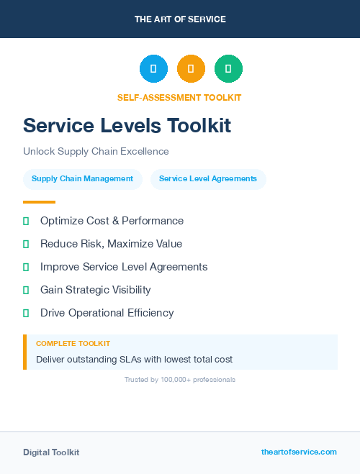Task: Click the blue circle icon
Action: click(x=153, y=69)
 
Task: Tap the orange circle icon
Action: click(x=191, y=69)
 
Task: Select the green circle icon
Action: click(x=228, y=69)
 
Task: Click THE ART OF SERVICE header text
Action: click(x=180, y=19)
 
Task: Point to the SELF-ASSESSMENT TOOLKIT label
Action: click(x=179, y=98)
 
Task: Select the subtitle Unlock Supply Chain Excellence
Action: click(x=96, y=152)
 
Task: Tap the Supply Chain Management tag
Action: click(x=82, y=179)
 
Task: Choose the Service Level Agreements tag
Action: click(x=208, y=179)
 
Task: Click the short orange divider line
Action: click(x=39, y=202)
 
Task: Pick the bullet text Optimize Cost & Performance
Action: click(x=112, y=221)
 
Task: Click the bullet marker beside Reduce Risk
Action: click(x=26, y=245)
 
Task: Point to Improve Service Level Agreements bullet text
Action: click(x=124, y=267)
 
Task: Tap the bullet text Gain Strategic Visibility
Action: click(x=96, y=290)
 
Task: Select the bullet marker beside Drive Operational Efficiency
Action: click(x=26, y=313)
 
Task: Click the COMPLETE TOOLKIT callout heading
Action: click(x=73, y=344)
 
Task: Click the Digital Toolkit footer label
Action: click(x=51, y=452)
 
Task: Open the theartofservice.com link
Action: click(x=299, y=452)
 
